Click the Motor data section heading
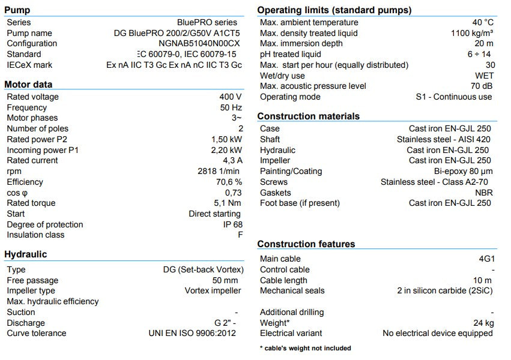click(x=28, y=85)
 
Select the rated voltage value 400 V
click(x=231, y=97)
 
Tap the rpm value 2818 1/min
click(x=220, y=171)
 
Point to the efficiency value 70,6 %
click(x=228, y=182)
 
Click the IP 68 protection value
click(x=232, y=224)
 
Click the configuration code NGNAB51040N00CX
click(x=199, y=44)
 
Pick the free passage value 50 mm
click(x=225, y=280)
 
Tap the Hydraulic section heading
click(x=25, y=254)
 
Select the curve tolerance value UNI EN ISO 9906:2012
click(x=195, y=333)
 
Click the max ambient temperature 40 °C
click(x=483, y=22)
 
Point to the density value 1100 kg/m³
click(x=472, y=33)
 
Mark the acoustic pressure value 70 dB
click(x=482, y=86)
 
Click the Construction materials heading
click(x=308, y=116)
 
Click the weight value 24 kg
click(x=483, y=323)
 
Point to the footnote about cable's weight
click(x=305, y=348)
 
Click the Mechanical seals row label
click(x=292, y=290)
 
